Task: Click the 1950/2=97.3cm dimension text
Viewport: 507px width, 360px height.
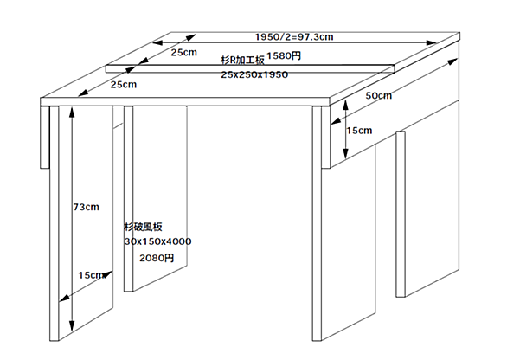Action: click(x=294, y=37)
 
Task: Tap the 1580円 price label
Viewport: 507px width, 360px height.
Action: click(x=284, y=56)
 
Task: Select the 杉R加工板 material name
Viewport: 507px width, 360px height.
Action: click(x=242, y=60)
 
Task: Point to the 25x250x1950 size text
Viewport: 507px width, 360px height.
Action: click(x=254, y=74)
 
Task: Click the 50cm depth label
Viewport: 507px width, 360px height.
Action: click(x=379, y=96)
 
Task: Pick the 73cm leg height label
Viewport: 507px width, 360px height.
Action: click(x=86, y=207)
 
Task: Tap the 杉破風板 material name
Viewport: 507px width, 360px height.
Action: click(x=144, y=227)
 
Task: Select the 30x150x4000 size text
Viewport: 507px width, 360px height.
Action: click(x=157, y=241)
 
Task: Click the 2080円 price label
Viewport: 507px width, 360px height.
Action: click(x=157, y=258)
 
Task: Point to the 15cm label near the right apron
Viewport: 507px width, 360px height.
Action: click(x=359, y=131)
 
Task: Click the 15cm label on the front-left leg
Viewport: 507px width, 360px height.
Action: click(x=92, y=275)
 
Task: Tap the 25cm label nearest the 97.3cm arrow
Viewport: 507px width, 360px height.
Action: click(x=184, y=53)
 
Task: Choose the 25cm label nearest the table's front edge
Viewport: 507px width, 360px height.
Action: click(x=124, y=85)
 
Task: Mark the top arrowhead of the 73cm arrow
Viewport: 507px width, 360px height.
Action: click(x=72, y=112)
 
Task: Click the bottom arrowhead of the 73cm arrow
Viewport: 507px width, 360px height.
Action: click(x=72, y=326)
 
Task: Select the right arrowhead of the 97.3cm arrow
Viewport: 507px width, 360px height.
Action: click(x=432, y=42)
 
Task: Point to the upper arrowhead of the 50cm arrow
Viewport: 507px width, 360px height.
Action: click(x=452, y=61)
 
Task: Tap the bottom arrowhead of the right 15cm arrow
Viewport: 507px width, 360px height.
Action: click(x=346, y=153)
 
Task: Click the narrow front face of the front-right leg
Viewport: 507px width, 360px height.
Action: click(x=317, y=223)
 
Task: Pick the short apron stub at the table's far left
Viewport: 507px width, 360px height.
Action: click(x=45, y=137)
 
